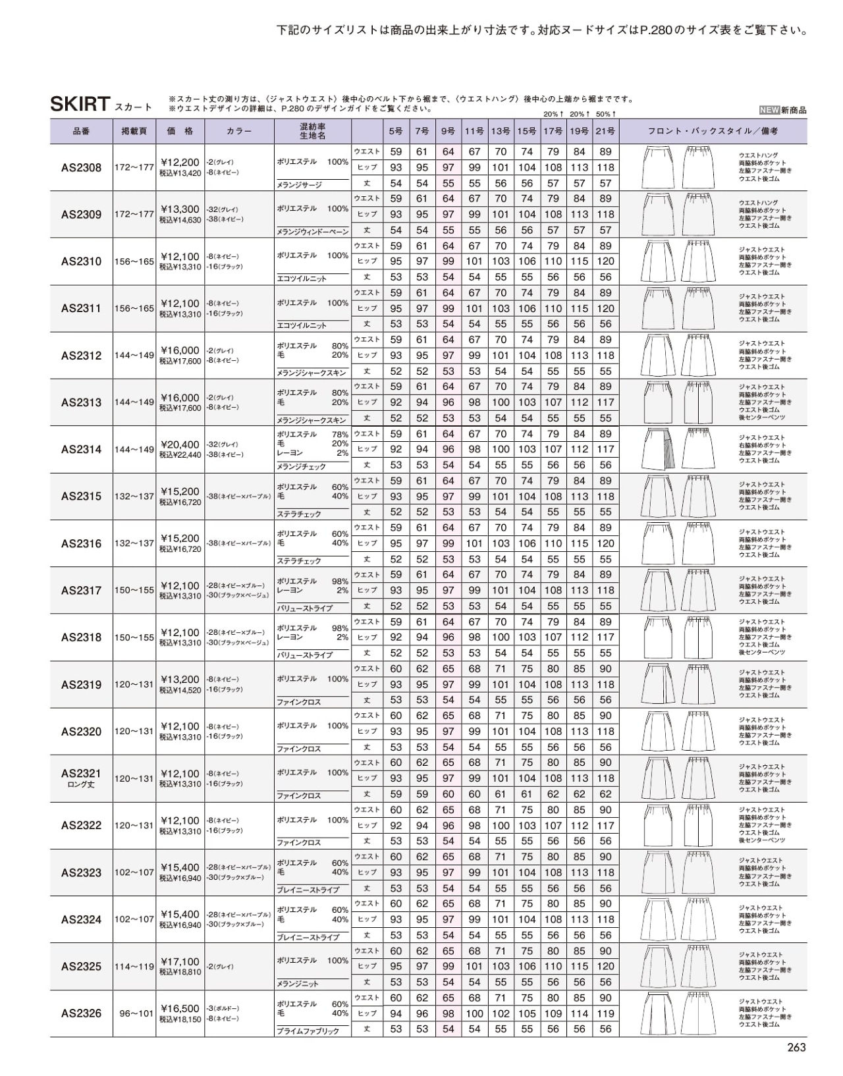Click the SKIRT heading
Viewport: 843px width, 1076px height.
80,104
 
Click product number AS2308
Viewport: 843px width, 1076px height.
82,168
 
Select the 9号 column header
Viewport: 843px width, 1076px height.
448,131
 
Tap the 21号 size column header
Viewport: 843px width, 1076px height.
605,131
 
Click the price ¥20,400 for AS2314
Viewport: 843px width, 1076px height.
180,444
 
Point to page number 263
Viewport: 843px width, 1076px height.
796,1048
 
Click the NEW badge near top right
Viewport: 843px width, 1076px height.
769,111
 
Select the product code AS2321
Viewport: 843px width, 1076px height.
82,773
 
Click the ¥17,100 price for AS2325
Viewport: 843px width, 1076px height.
180,961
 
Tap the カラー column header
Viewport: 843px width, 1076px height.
239,131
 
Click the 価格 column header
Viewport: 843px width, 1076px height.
180,131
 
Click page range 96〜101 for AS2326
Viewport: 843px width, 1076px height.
134,1013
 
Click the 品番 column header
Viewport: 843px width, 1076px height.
82,131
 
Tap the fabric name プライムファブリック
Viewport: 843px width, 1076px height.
308,1031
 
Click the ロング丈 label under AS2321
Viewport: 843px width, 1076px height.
82,784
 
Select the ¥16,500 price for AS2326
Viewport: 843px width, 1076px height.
180,1008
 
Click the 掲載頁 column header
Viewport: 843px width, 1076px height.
134,131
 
